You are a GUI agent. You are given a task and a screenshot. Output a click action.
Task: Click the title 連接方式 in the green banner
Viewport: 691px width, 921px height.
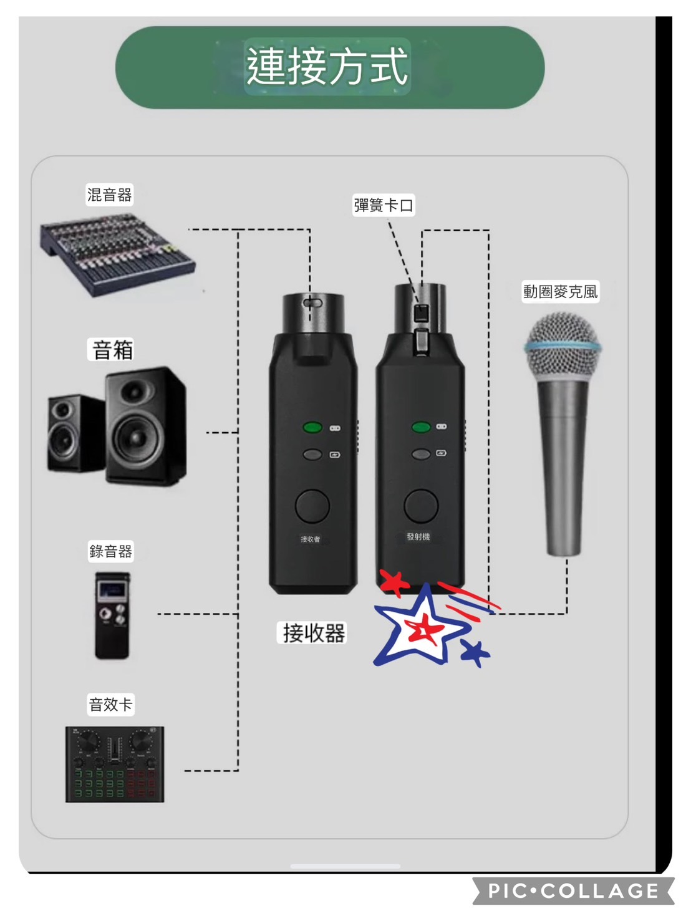327,66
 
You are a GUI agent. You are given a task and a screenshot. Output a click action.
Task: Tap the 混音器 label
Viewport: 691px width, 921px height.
110,195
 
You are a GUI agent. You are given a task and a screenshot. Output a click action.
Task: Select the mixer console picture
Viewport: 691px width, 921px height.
117,255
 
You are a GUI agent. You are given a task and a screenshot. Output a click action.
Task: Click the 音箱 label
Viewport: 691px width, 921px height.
112,350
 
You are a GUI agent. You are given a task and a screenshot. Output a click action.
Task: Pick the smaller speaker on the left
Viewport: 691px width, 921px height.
75,433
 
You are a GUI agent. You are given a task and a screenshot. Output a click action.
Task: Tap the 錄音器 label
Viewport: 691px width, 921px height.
111,551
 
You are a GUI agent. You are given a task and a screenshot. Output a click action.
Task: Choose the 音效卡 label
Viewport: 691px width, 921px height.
111,705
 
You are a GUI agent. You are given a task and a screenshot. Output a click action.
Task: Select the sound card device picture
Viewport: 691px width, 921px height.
115,764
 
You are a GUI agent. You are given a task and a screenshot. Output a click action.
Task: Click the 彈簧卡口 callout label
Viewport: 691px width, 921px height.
384,205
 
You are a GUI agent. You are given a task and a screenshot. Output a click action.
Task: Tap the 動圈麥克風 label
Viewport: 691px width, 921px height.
560,291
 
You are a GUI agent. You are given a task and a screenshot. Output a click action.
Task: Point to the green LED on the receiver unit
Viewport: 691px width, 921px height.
312,428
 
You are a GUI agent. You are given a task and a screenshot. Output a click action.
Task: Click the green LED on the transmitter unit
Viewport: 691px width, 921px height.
421,427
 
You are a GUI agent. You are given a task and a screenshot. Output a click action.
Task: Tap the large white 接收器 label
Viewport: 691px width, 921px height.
313,633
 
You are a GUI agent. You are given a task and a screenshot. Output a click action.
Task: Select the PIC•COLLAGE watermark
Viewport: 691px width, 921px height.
573,890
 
